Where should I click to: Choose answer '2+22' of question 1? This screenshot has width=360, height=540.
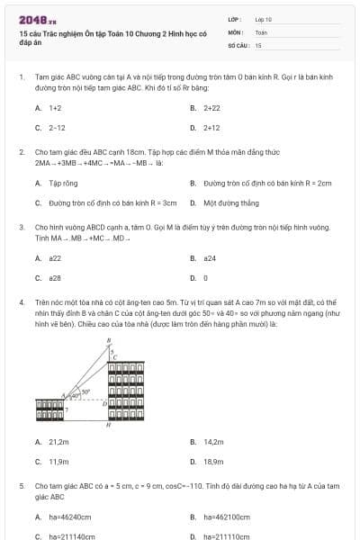[x=212, y=107]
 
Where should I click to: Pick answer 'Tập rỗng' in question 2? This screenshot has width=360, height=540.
[x=61, y=183]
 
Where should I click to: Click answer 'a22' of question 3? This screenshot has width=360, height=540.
[x=55, y=258]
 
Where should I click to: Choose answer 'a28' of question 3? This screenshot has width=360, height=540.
[x=55, y=278]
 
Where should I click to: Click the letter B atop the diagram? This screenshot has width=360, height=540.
[x=109, y=341]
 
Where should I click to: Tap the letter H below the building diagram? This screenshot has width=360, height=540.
[x=108, y=426]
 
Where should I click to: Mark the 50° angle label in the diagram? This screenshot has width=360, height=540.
[x=85, y=391]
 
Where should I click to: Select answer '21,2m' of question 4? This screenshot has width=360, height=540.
[x=58, y=442]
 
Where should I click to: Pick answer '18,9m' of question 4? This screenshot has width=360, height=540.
[x=213, y=462]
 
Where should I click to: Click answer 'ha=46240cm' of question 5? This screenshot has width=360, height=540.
[x=71, y=517]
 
